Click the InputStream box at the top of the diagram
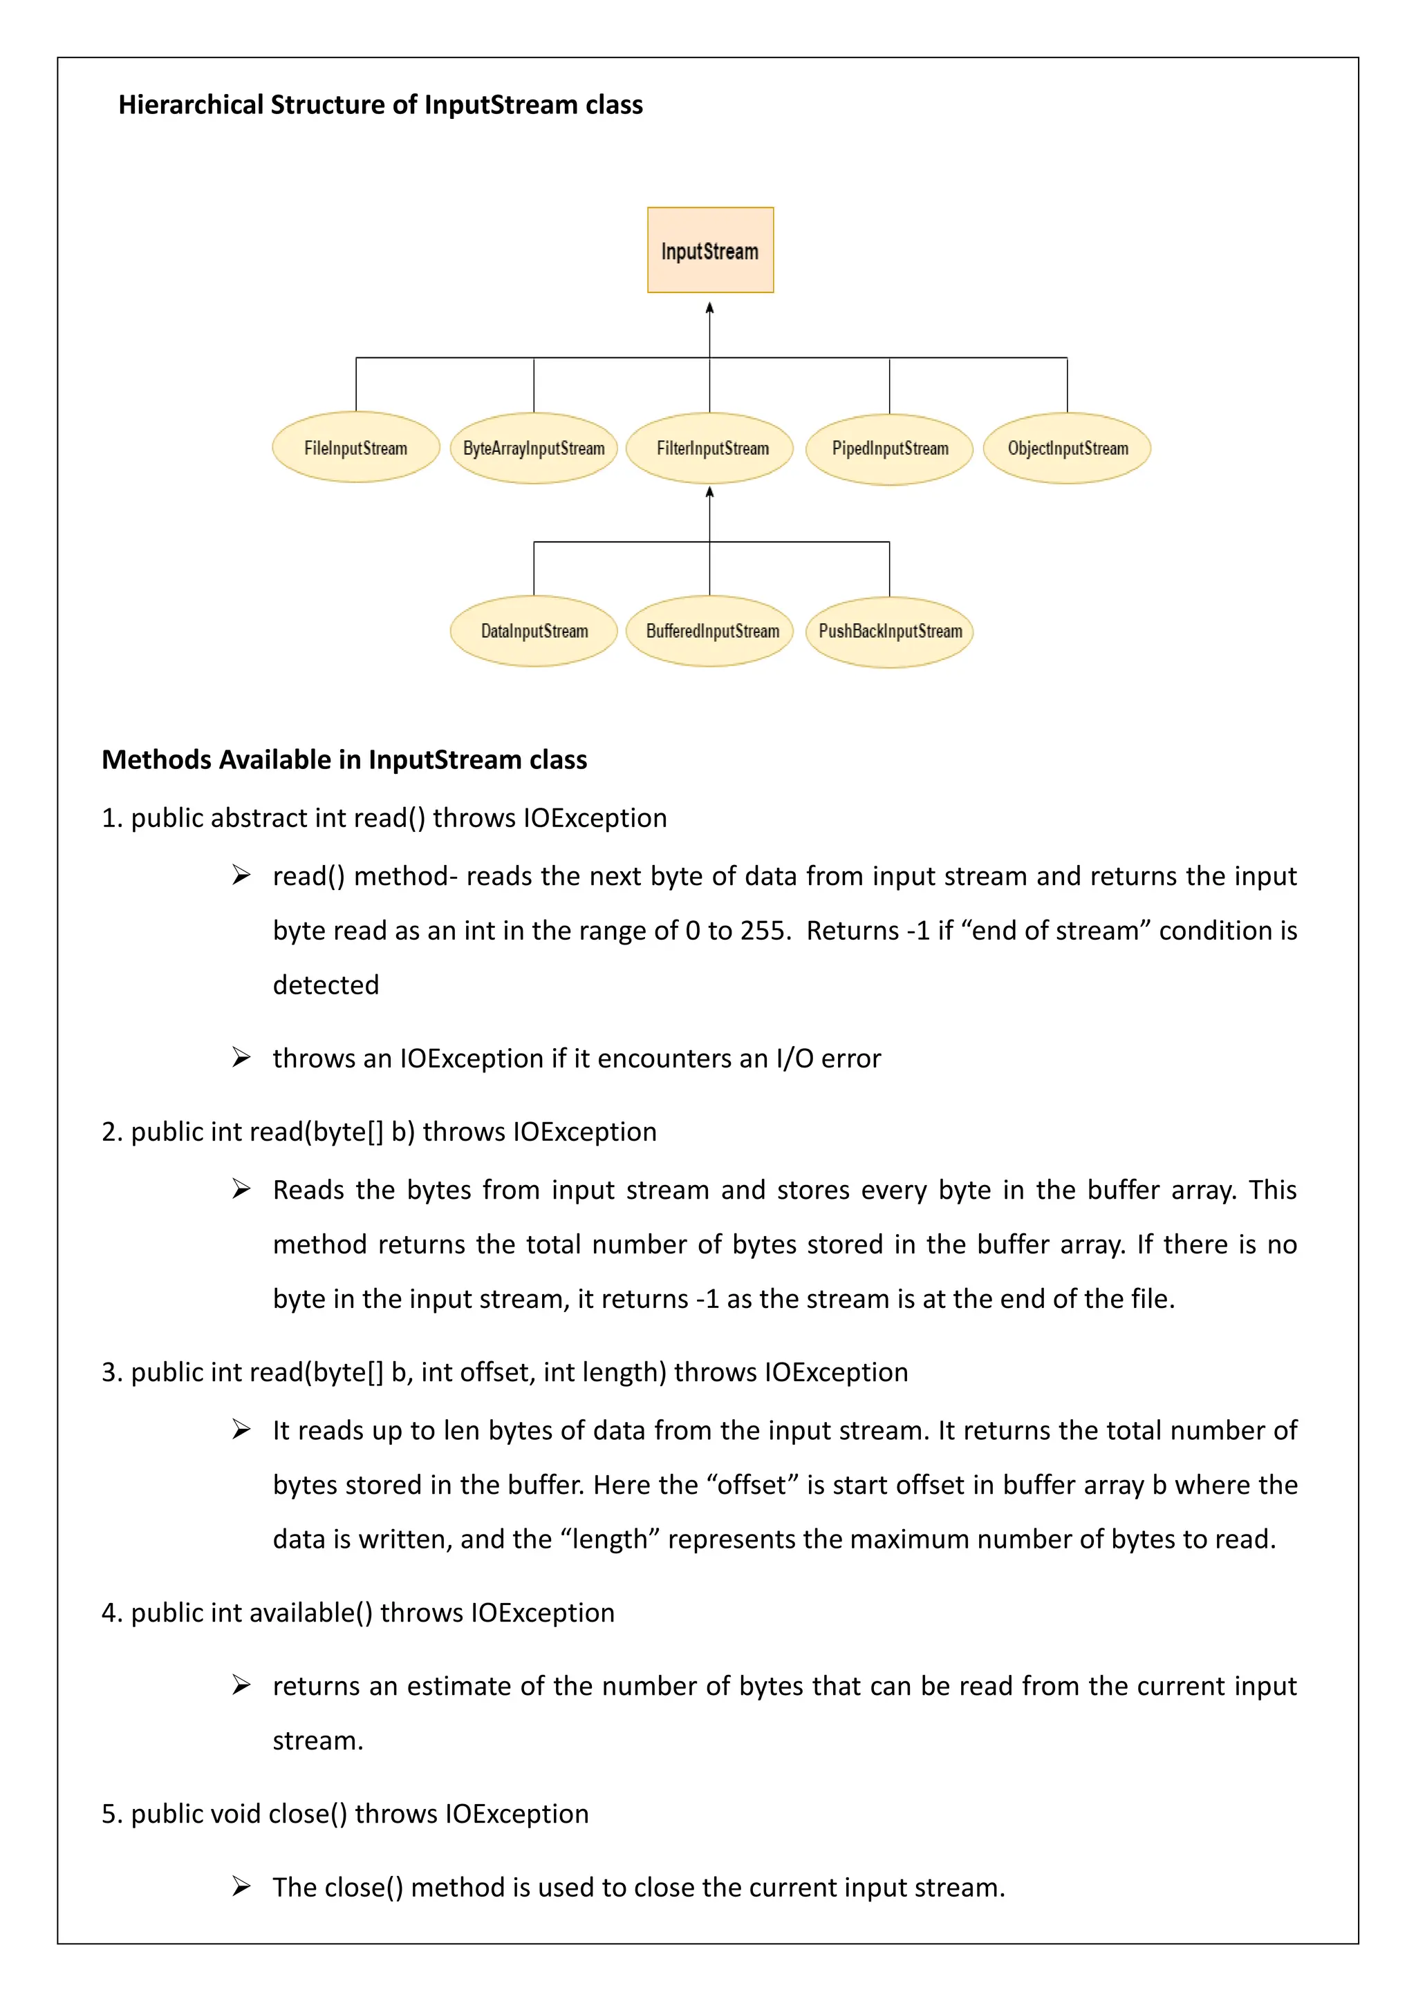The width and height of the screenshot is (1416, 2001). pyautogui.click(x=710, y=250)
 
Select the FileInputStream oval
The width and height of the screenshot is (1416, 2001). pyautogui.click(x=356, y=448)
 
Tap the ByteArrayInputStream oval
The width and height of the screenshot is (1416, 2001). pyautogui.click(x=534, y=448)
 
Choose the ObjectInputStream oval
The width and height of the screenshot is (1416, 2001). pyautogui.click(x=1068, y=448)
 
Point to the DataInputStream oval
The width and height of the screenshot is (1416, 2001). pyautogui.click(x=534, y=631)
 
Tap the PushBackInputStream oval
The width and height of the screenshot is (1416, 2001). pyautogui.click(x=889, y=632)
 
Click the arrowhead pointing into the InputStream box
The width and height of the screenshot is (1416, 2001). pyautogui.click(x=710, y=307)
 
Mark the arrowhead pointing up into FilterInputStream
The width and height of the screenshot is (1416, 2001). pyautogui.click(x=710, y=493)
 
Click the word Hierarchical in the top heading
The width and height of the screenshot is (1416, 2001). pyautogui.click(x=191, y=106)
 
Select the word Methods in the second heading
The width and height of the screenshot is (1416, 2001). pyautogui.click(x=157, y=760)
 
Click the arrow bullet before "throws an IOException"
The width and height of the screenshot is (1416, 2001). pyautogui.click(x=241, y=1058)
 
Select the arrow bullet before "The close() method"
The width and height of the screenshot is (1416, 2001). pyautogui.click(x=241, y=1887)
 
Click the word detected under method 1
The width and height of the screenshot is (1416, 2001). pyautogui.click(x=325, y=985)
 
